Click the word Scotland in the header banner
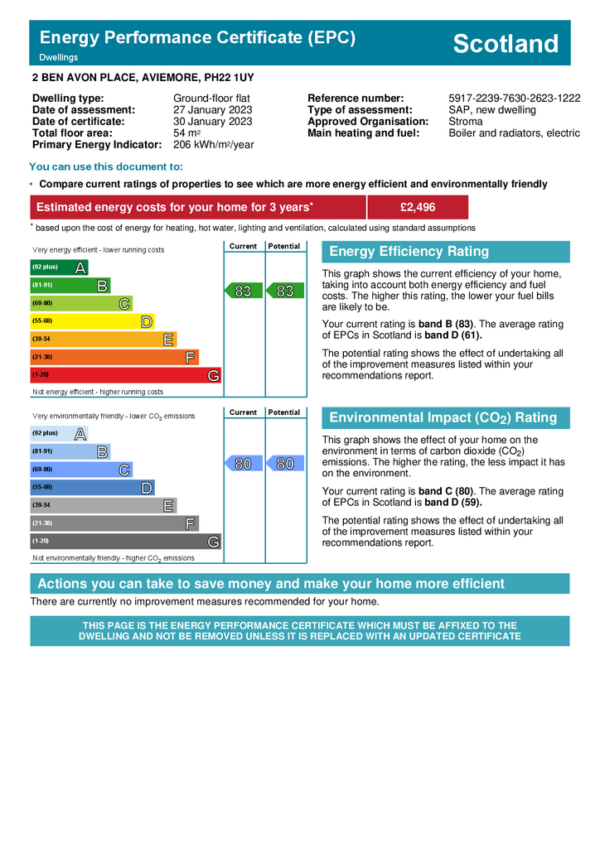click(x=506, y=44)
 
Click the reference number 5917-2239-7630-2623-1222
click(x=514, y=98)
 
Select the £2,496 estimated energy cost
click(x=417, y=207)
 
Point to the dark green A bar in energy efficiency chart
click(x=59, y=267)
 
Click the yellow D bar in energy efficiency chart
click(x=92, y=321)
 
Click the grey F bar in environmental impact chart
click(x=114, y=523)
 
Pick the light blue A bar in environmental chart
click(x=59, y=434)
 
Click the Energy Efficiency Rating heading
click(x=409, y=252)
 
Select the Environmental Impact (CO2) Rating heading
click(x=443, y=418)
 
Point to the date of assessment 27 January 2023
click(x=212, y=109)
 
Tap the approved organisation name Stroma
click(x=465, y=121)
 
